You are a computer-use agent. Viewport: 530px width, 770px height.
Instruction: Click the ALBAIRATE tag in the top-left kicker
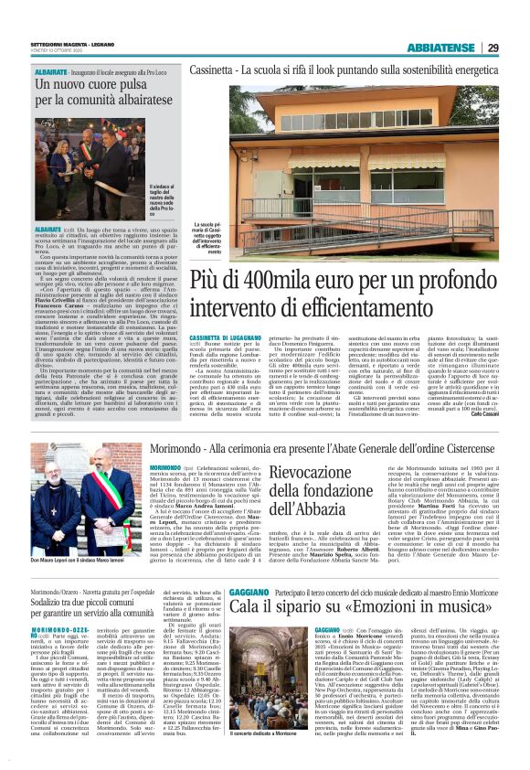pyautogui.click(x=51, y=70)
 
